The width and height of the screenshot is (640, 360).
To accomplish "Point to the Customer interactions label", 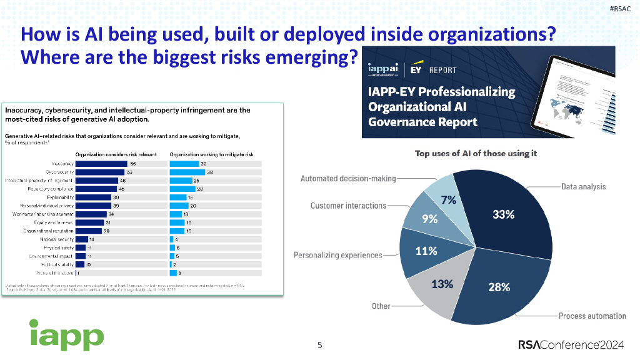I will point(348,206).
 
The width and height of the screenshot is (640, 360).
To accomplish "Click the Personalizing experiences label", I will point(337,255).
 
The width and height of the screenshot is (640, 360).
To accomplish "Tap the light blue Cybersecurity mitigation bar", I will point(188,171).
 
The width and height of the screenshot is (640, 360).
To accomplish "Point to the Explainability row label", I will point(59,197).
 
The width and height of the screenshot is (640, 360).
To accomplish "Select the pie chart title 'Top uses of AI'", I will point(476,154).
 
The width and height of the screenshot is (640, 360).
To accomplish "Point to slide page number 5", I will point(320,345).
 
